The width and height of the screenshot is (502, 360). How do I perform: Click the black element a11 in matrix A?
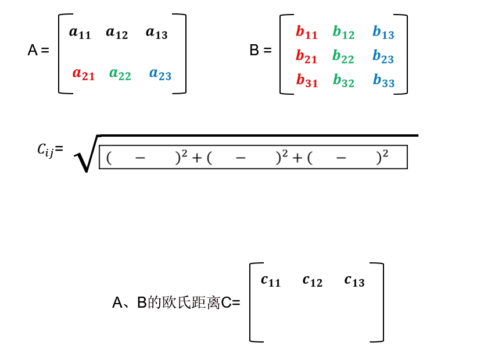pos(80,33)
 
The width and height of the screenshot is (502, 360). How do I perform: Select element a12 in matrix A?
pos(117,33)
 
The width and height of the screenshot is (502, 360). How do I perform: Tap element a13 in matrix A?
pos(156,33)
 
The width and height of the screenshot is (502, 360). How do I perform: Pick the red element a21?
pos(83,74)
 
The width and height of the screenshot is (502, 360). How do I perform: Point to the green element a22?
pos(120,74)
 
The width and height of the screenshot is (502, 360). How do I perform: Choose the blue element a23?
pos(160,74)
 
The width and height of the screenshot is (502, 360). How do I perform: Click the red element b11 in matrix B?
pos(306,33)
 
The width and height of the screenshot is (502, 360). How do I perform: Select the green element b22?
pos(343,57)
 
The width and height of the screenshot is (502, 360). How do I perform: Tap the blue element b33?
pos(383,81)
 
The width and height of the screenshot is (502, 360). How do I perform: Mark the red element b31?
pos(307,81)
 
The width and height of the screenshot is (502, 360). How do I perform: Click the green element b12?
pos(343,33)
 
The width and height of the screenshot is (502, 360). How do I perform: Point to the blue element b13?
pos(383,33)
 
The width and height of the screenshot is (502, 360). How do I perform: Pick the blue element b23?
pos(383,57)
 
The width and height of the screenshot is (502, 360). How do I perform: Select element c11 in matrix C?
pos(271,280)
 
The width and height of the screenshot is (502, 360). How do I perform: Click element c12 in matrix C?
pos(313,280)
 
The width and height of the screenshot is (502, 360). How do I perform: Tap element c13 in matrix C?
pos(354,280)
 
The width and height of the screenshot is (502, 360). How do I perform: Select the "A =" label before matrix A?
pos(38,51)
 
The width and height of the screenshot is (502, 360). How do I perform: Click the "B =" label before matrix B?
pos(260,51)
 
